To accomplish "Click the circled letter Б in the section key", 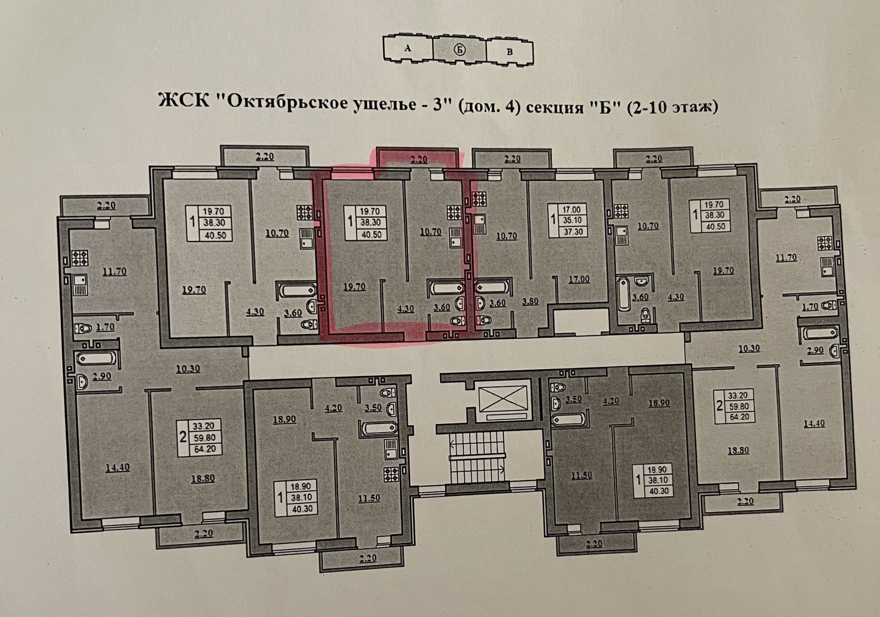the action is click(x=459, y=50).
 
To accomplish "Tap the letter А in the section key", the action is click(x=407, y=48).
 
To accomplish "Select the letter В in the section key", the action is click(x=509, y=52).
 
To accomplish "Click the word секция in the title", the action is click(x=555, y=108).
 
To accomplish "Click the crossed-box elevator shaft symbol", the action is click(x=502, y=398).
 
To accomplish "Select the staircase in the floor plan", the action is click(x=477, y=457).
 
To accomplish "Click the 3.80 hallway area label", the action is click(x=530, y=301).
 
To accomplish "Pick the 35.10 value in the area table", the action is click(x=572, y=220).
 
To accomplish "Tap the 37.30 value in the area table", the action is click(x=573, y=231).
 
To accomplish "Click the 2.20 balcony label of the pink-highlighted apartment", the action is click(x=418, y=159).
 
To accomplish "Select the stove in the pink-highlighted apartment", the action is click(x=454, y=213).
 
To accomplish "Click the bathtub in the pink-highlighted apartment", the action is click(x=446, y=288).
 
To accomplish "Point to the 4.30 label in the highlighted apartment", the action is click(x=406, y=308).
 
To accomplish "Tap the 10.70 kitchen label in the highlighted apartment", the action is click(x=430, y=232).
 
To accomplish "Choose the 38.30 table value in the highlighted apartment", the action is click(x=370, y=223).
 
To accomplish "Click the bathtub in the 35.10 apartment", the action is click(x=491, y=288).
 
